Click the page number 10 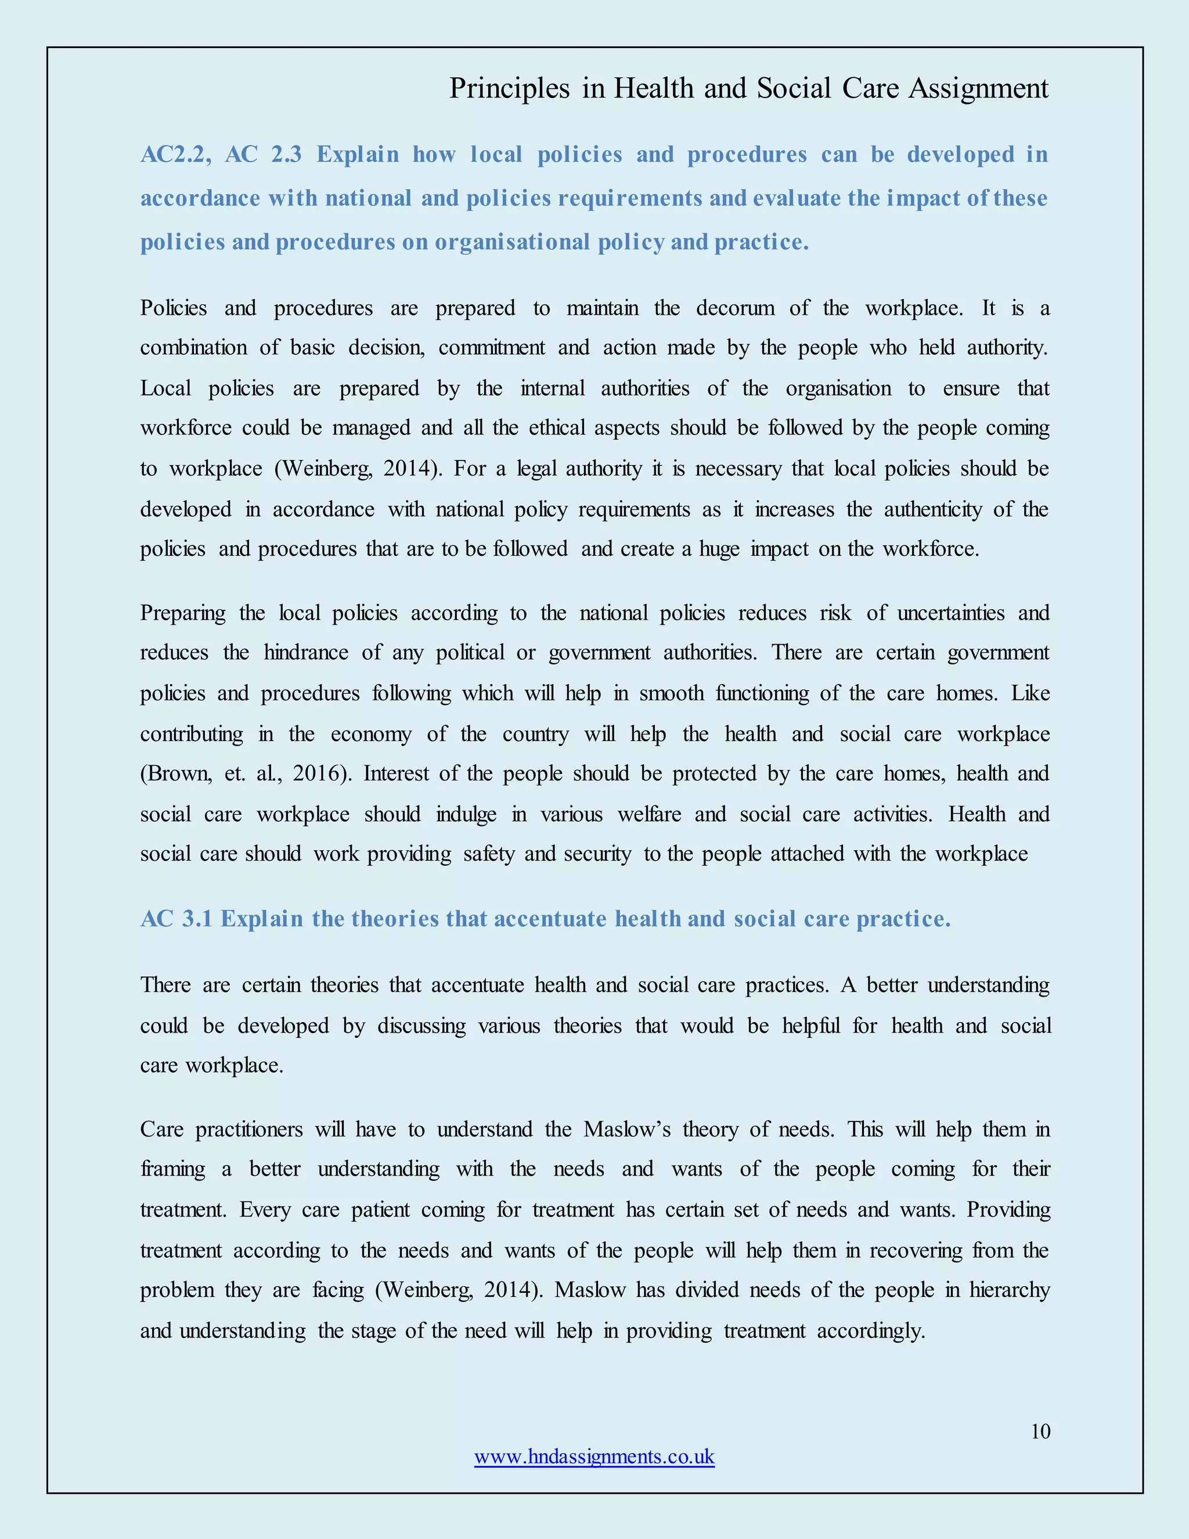pos(1040,1431)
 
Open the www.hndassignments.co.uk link pos(594,1457)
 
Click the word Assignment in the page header pos(978,88)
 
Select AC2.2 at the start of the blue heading pos(173,154)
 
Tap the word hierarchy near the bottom pos(1010,1289)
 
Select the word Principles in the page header pos(509,88)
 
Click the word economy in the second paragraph pos(370,733)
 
